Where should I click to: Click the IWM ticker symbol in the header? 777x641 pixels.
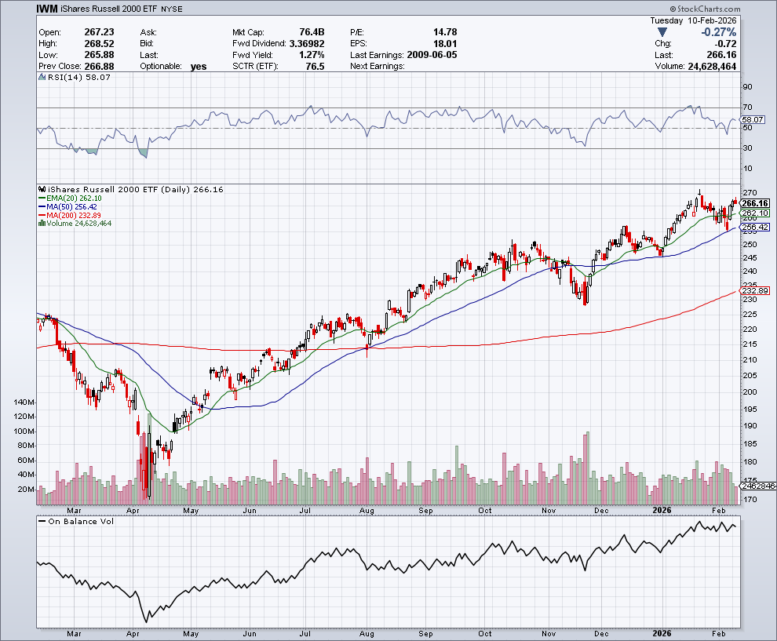click(x=47, y=9)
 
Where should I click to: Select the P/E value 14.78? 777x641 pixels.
click(x=444, y=32)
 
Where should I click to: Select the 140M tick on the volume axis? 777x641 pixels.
click(x=24, y=402)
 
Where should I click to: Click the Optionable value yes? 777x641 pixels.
click(x=199, y=67)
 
